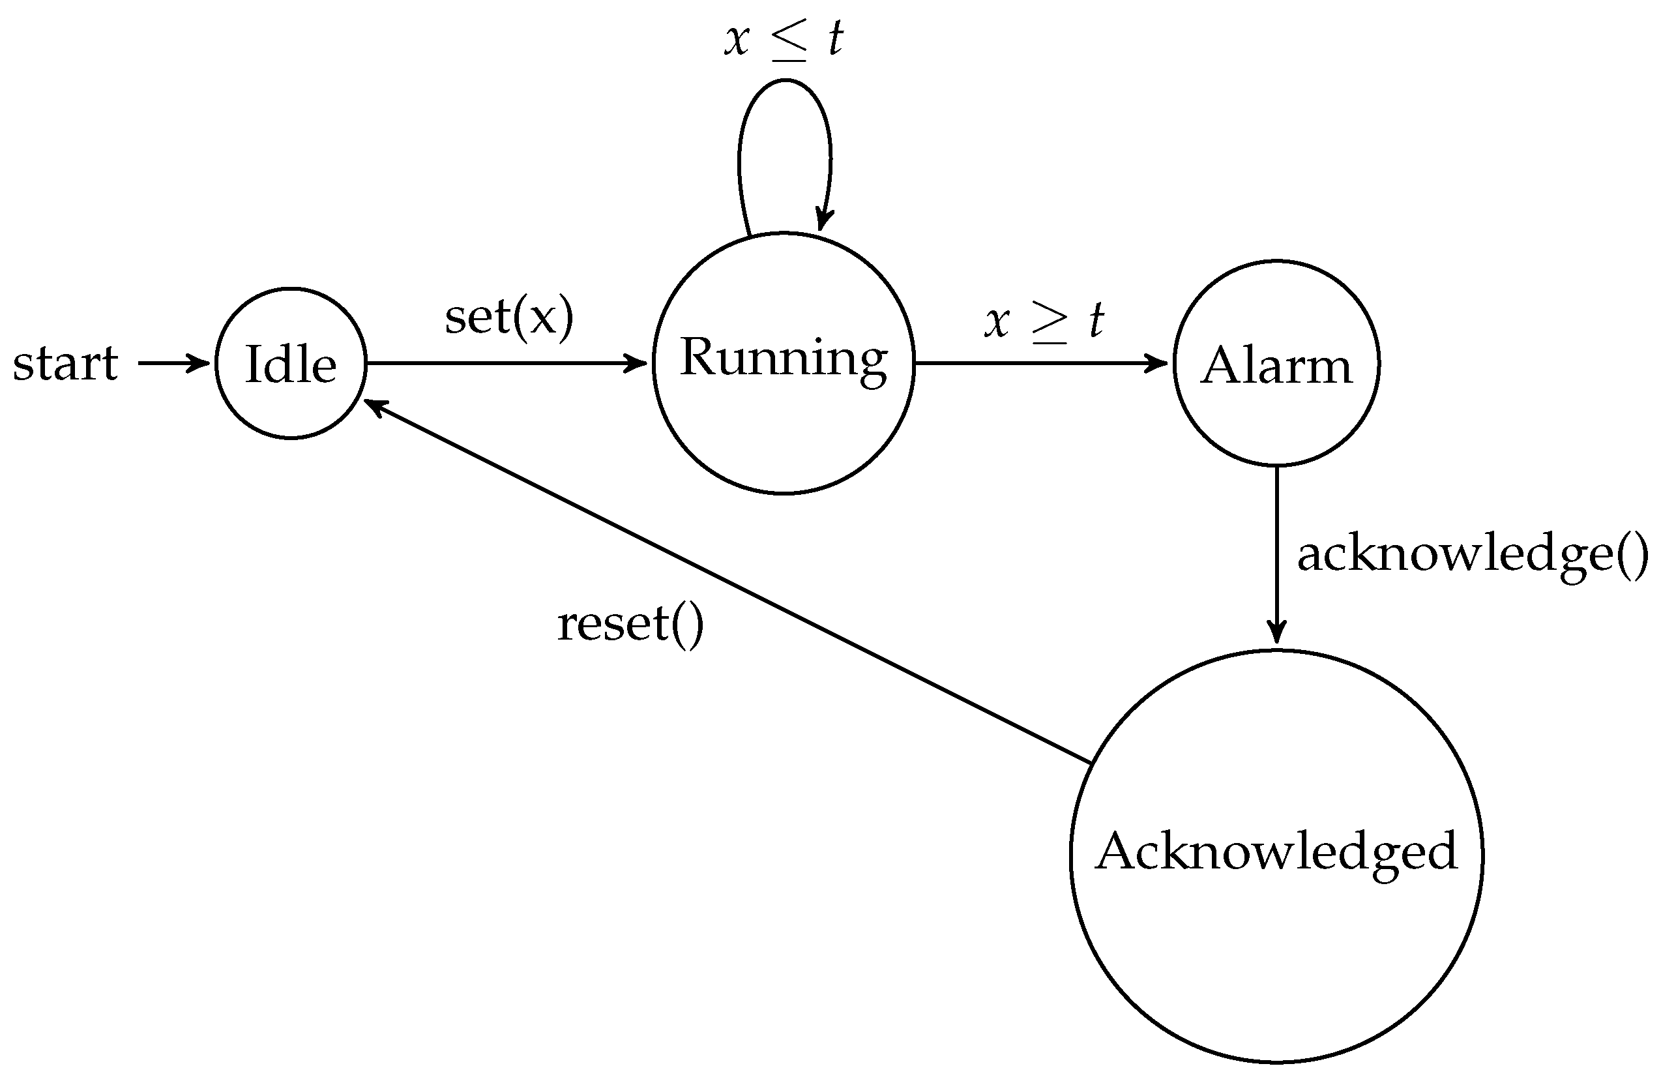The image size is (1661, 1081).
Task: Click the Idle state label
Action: [x=291, y=364]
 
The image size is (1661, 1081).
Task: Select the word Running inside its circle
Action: [x=783, y=358]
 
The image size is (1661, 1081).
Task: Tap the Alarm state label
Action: [x=1276, y=366]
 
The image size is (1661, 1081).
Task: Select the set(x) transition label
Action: [x=508, y=318]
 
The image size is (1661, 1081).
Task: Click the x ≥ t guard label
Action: [x=1044, y=321]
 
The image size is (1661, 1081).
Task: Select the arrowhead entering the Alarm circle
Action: [x=1158, y=363]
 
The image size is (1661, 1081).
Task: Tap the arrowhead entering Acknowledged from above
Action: [x=1276, y=633]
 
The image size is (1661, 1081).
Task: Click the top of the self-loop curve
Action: [x=785, y=81]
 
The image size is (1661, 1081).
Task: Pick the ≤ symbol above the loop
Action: [x=789, y=40]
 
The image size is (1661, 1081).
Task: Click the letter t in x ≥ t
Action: [x=1096, y=321]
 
